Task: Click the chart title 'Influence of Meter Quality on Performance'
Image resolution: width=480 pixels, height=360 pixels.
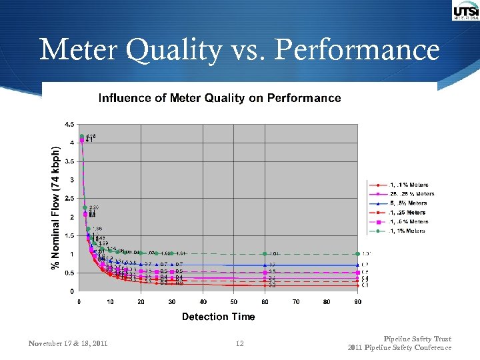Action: (219, 98)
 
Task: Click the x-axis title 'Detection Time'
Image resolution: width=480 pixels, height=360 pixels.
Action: (218, 316)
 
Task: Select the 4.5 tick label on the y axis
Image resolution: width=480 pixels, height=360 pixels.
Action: (69, 125)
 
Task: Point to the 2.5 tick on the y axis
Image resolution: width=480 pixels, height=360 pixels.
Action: (69, 199)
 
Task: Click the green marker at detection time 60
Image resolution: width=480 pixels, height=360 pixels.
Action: (265, 254)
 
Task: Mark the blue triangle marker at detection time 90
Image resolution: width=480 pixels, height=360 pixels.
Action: (358, 265)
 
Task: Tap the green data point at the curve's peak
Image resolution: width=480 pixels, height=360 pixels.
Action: (82, 137)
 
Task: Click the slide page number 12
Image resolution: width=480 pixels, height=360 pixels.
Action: (240, 343)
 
